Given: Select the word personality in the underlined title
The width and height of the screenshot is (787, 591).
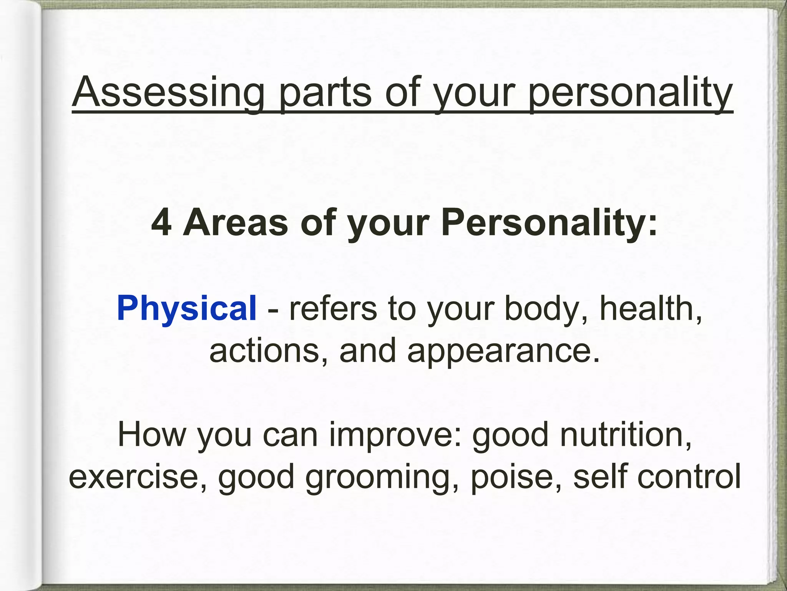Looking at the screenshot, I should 630,93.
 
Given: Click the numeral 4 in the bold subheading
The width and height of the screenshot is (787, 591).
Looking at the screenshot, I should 161,223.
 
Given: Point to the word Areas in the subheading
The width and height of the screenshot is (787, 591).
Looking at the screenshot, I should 235,223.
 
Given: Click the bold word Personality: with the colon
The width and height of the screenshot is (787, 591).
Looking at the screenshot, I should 550,223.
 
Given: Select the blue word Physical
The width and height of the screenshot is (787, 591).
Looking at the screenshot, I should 187,308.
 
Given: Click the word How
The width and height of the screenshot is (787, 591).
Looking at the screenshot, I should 151,434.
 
